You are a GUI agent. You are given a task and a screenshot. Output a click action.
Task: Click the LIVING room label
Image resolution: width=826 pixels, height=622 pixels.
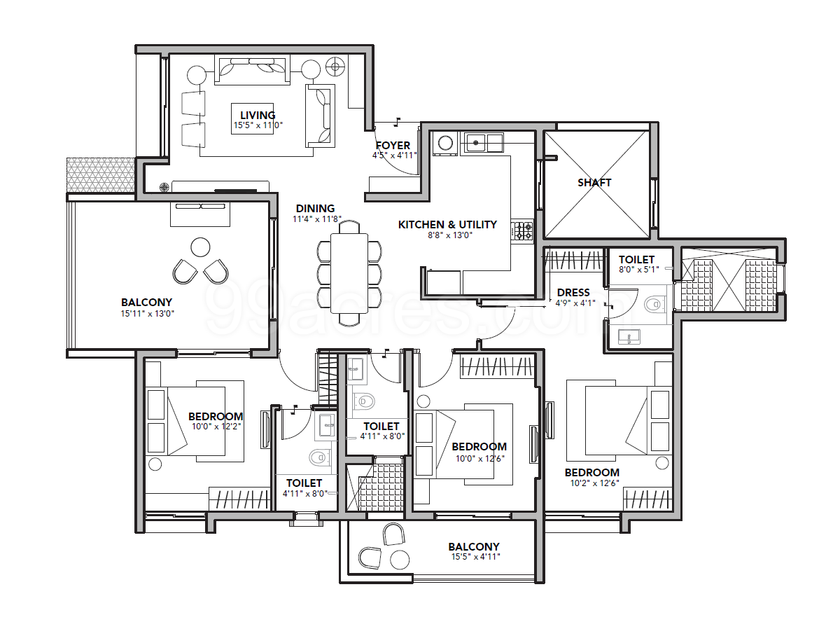[258, 115]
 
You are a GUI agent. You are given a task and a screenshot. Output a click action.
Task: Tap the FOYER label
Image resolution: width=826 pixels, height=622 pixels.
[393, 145]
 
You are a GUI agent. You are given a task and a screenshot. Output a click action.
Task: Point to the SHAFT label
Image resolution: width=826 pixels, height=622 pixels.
[594, 182]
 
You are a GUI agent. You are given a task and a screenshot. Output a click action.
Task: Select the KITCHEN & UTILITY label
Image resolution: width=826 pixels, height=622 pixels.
[447, 225]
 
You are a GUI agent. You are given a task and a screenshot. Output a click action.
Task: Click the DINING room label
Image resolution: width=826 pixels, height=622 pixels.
[315, 208]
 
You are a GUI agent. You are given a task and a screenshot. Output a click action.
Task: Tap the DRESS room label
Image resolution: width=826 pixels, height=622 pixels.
[573, 293]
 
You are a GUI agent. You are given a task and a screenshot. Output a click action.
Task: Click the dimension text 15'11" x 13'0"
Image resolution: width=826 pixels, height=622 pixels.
[148, 314]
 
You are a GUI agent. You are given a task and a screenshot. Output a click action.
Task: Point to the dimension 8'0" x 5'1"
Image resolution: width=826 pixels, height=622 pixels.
[638, 270]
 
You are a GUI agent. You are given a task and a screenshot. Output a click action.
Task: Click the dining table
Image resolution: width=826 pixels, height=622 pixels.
[349, 273]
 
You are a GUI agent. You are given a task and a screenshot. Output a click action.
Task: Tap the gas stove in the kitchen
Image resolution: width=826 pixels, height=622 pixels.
[522, 231]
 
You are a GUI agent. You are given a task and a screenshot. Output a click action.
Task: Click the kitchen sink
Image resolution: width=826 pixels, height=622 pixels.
[482, 143]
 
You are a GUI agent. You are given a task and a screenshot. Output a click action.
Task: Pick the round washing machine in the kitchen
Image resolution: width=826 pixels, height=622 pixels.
[446, 144]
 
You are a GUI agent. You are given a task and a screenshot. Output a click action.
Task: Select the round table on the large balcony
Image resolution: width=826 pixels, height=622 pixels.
[200, 247]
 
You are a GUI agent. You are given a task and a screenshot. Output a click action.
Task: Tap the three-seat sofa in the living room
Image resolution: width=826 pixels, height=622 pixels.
[252, 71]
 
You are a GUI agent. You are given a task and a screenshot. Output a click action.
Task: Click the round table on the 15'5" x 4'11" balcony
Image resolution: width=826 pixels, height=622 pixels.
[399, 560]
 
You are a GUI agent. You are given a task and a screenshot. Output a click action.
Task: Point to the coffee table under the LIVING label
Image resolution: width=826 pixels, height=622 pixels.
[252, 118]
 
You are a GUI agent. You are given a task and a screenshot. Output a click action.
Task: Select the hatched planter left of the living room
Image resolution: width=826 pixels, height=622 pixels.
[101, 176]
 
